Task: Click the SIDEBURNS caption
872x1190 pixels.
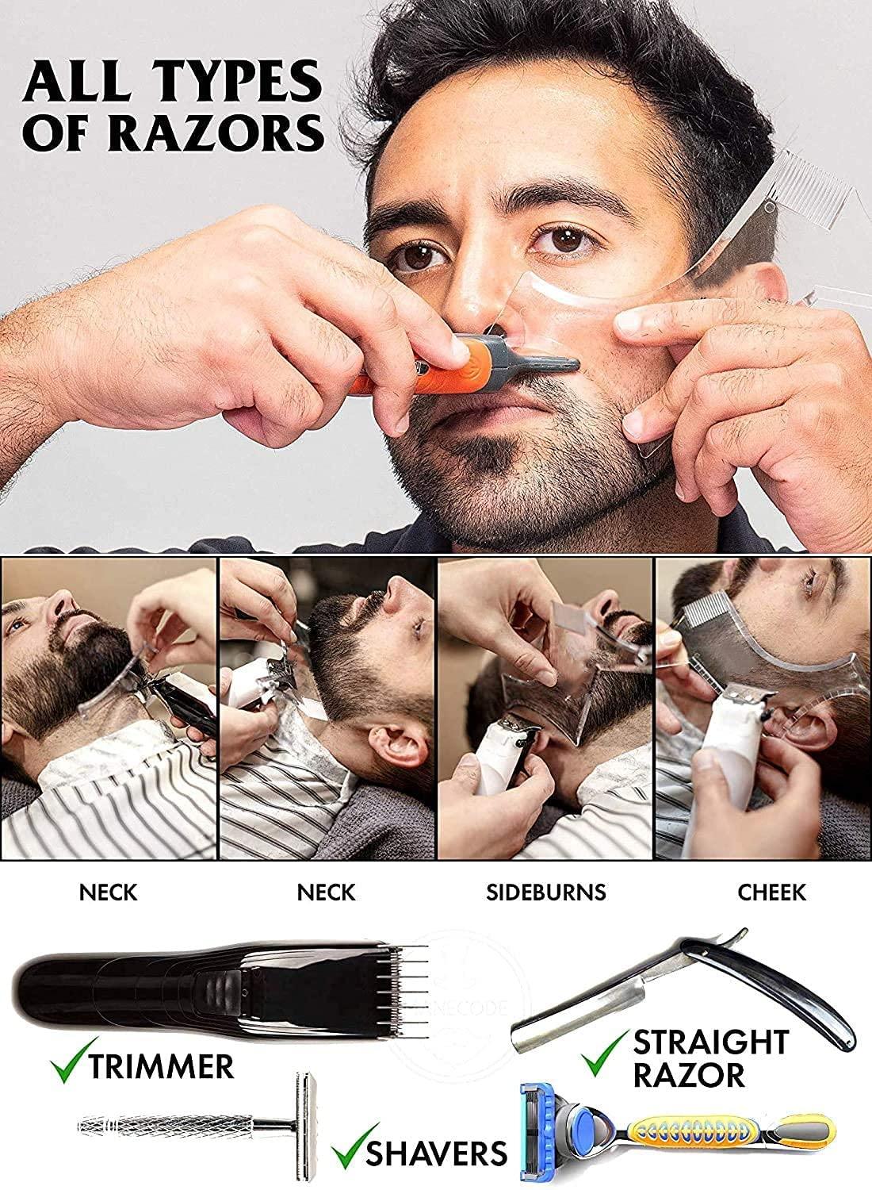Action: (x=545, y=892)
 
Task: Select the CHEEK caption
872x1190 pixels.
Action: (x=771, y=892)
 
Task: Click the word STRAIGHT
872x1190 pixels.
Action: (x=709, y=1040)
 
